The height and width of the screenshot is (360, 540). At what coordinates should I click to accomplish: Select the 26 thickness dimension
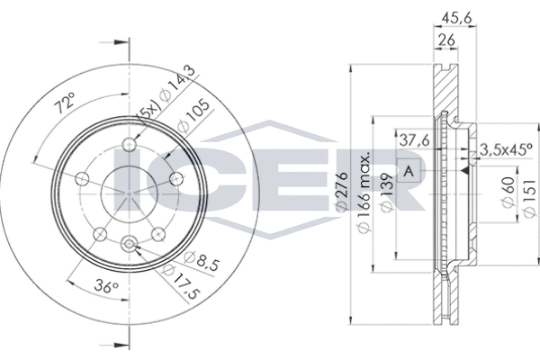click(446, 40)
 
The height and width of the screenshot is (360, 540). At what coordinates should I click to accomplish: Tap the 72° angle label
click(65, 103)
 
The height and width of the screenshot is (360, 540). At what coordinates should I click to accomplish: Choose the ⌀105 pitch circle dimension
click(193, 117)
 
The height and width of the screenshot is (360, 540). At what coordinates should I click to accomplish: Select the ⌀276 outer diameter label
click(343, 192)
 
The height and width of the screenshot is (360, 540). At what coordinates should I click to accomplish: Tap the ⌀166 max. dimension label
click(364, 192)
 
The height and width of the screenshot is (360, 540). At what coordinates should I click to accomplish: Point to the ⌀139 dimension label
click(386, 193)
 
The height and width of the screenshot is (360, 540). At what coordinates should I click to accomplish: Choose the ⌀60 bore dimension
click(508, 193)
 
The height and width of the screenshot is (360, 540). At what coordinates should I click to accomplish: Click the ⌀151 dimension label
click(530, 198)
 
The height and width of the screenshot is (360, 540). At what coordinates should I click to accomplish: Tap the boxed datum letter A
click(409, 171)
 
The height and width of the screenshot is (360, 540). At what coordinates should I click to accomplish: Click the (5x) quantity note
click(148, 111)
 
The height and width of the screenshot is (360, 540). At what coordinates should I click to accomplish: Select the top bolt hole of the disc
click(129, 144)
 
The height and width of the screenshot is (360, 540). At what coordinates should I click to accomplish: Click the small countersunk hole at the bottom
click(129, 244)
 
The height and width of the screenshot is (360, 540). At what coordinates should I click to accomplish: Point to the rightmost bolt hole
click(177, 178)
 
